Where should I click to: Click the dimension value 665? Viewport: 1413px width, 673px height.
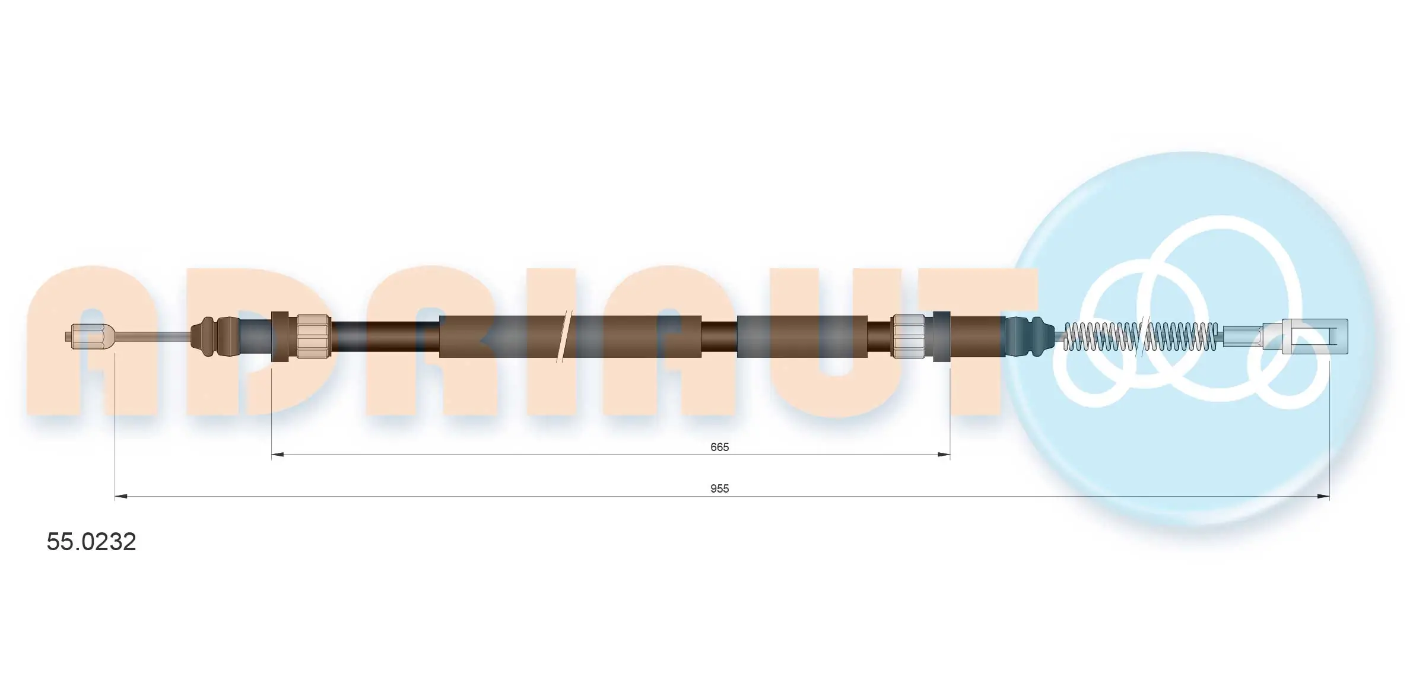coord(719,447)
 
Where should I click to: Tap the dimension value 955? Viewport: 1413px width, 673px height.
coord(719,488)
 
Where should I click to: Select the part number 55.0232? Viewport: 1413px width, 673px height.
coord(91,542)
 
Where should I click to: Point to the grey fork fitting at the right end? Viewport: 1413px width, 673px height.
coord(1314,337)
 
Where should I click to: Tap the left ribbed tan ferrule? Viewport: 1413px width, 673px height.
coord(313,337)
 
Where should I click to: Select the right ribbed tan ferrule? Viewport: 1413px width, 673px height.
coord(909,337)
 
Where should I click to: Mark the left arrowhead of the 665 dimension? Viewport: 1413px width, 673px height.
coord(277,455)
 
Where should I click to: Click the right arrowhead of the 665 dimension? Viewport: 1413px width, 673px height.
coord(944,455)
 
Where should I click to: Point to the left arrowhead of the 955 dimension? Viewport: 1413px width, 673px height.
coord(121,496)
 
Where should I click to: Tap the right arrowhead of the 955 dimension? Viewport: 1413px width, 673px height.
coord(1323,496)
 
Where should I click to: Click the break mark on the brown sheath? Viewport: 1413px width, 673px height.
coord(564,337)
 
